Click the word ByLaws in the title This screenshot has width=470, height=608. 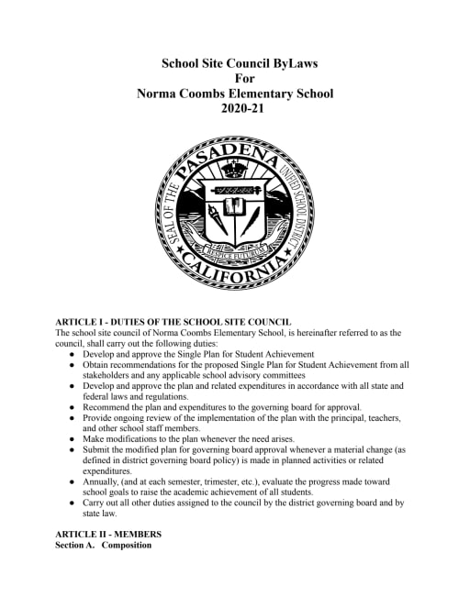pyautogui.click(x=290, y=63)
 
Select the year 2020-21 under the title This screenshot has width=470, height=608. pyautogui.click(x=235, y=107)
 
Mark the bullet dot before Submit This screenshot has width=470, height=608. pyautogui.click(x=72, y=449)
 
